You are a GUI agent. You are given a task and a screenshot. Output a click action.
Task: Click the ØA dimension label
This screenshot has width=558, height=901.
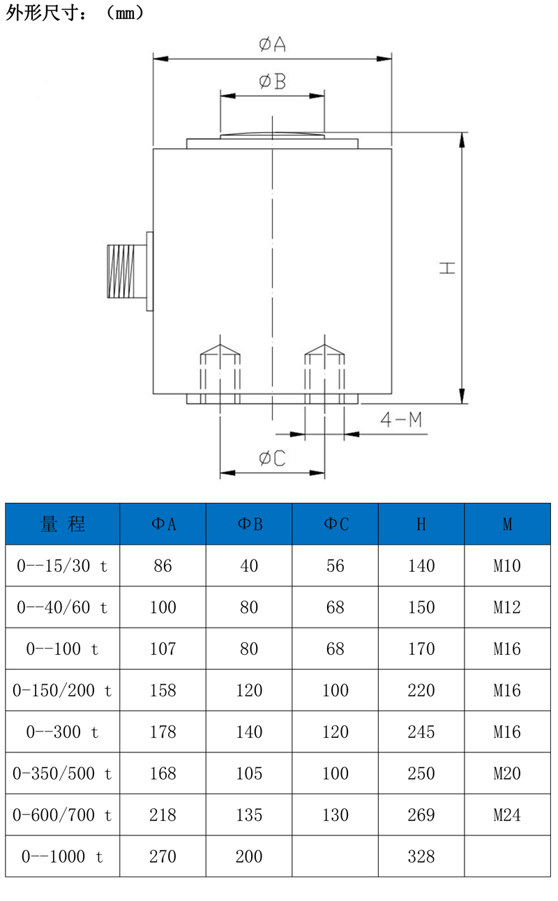pyautogui.click(x=272, y=45)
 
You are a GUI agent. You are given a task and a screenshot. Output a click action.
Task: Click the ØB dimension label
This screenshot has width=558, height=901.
pyautogui.click(x=272, y=82)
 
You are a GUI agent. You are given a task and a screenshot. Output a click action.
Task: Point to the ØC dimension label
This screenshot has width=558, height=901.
pyautogui.click(x=272, y=458)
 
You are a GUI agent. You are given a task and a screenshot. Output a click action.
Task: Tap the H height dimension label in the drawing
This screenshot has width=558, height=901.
pyautogui.click(x=447, y=268)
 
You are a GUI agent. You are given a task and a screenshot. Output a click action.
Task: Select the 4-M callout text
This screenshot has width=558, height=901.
pyautogui.click(x=400, y=420)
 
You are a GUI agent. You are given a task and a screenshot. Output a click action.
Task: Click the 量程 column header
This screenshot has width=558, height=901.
pyautogui.click(x=63, y=524)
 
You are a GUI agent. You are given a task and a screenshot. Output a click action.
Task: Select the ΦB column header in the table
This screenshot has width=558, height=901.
pyautogui.click(x=249, y=524)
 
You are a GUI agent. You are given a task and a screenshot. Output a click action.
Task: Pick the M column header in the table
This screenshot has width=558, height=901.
pyautogui.click(x=507, y=524)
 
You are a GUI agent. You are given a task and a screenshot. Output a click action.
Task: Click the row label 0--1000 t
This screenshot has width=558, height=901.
pyautogui.click(x=63, y=856)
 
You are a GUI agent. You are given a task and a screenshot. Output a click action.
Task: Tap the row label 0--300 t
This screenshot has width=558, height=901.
pyautogui.click(x=63, y=732)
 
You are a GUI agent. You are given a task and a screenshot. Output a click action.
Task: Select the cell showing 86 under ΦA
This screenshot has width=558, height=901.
pyautogui.click(x=163, y=566)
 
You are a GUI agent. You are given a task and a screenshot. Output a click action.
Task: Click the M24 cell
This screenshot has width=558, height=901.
pyautogui.click(x=507, y=815)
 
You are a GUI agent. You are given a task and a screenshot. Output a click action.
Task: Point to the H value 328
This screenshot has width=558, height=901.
pyautogui.click(x=421, y=856)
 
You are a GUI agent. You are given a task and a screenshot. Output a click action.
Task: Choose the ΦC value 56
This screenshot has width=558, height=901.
pyautogui.click(x=335, y=566)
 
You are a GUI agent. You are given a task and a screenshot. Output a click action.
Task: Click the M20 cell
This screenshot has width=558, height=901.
pyautogui.click(x=507, y=773)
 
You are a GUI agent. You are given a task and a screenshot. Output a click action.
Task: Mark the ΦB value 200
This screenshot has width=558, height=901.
pyautogui.click(x=249, y=856)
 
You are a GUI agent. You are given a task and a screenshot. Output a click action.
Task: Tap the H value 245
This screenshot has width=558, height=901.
pyautogui.click(x=421, y=732)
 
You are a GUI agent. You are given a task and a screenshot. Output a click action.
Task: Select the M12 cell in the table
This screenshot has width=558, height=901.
pyautogui.click(x=507, y=607)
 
